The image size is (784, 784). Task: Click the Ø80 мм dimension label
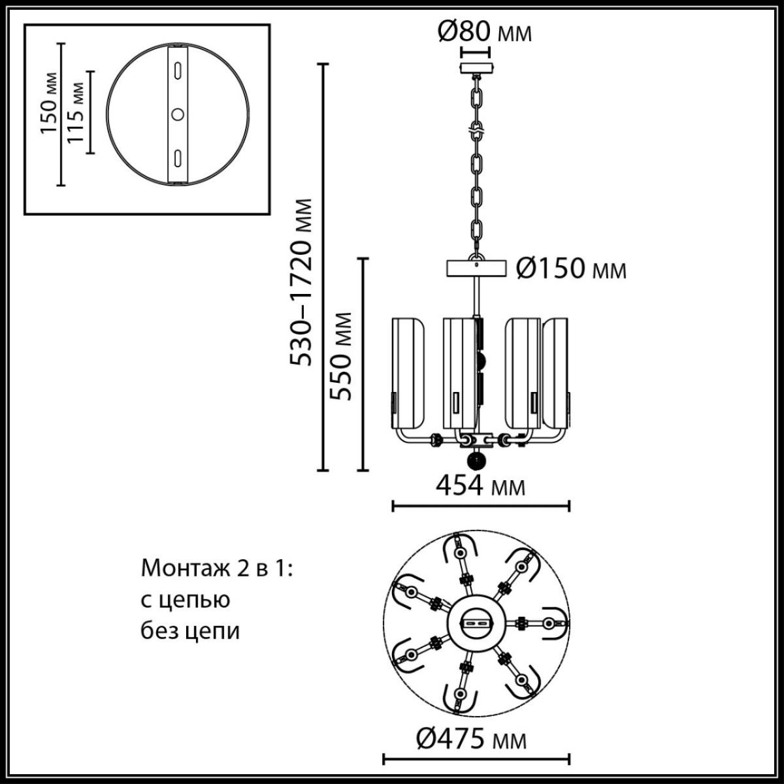click(483, 31)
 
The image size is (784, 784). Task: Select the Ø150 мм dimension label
click(571, 268)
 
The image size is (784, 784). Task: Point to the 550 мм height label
click(340, 356)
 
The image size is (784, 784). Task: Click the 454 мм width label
click(480, 485)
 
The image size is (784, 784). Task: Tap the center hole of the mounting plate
click(177, 114)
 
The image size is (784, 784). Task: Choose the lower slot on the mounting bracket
click(177, 157)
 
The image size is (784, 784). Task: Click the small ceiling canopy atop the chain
click(476, 69)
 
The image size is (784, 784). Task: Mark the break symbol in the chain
click(476, 130)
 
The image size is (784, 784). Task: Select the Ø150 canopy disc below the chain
click(476, 269)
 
